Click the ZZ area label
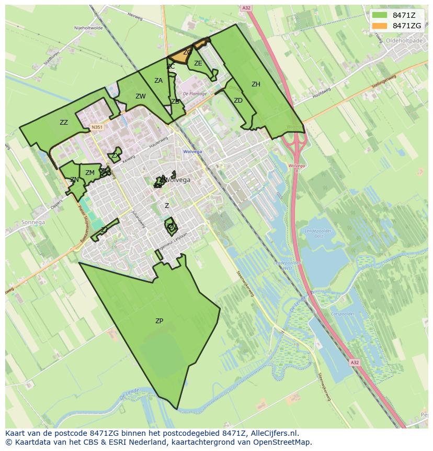64,123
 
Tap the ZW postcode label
140,96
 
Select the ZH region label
256,84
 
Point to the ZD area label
238,101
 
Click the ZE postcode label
198,63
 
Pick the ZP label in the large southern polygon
159,321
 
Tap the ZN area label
74,180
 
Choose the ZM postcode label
90,173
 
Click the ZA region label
158,81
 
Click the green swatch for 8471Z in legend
380,15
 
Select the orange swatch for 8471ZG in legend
380,26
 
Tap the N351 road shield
96,127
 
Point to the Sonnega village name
33,222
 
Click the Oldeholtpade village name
403,39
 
